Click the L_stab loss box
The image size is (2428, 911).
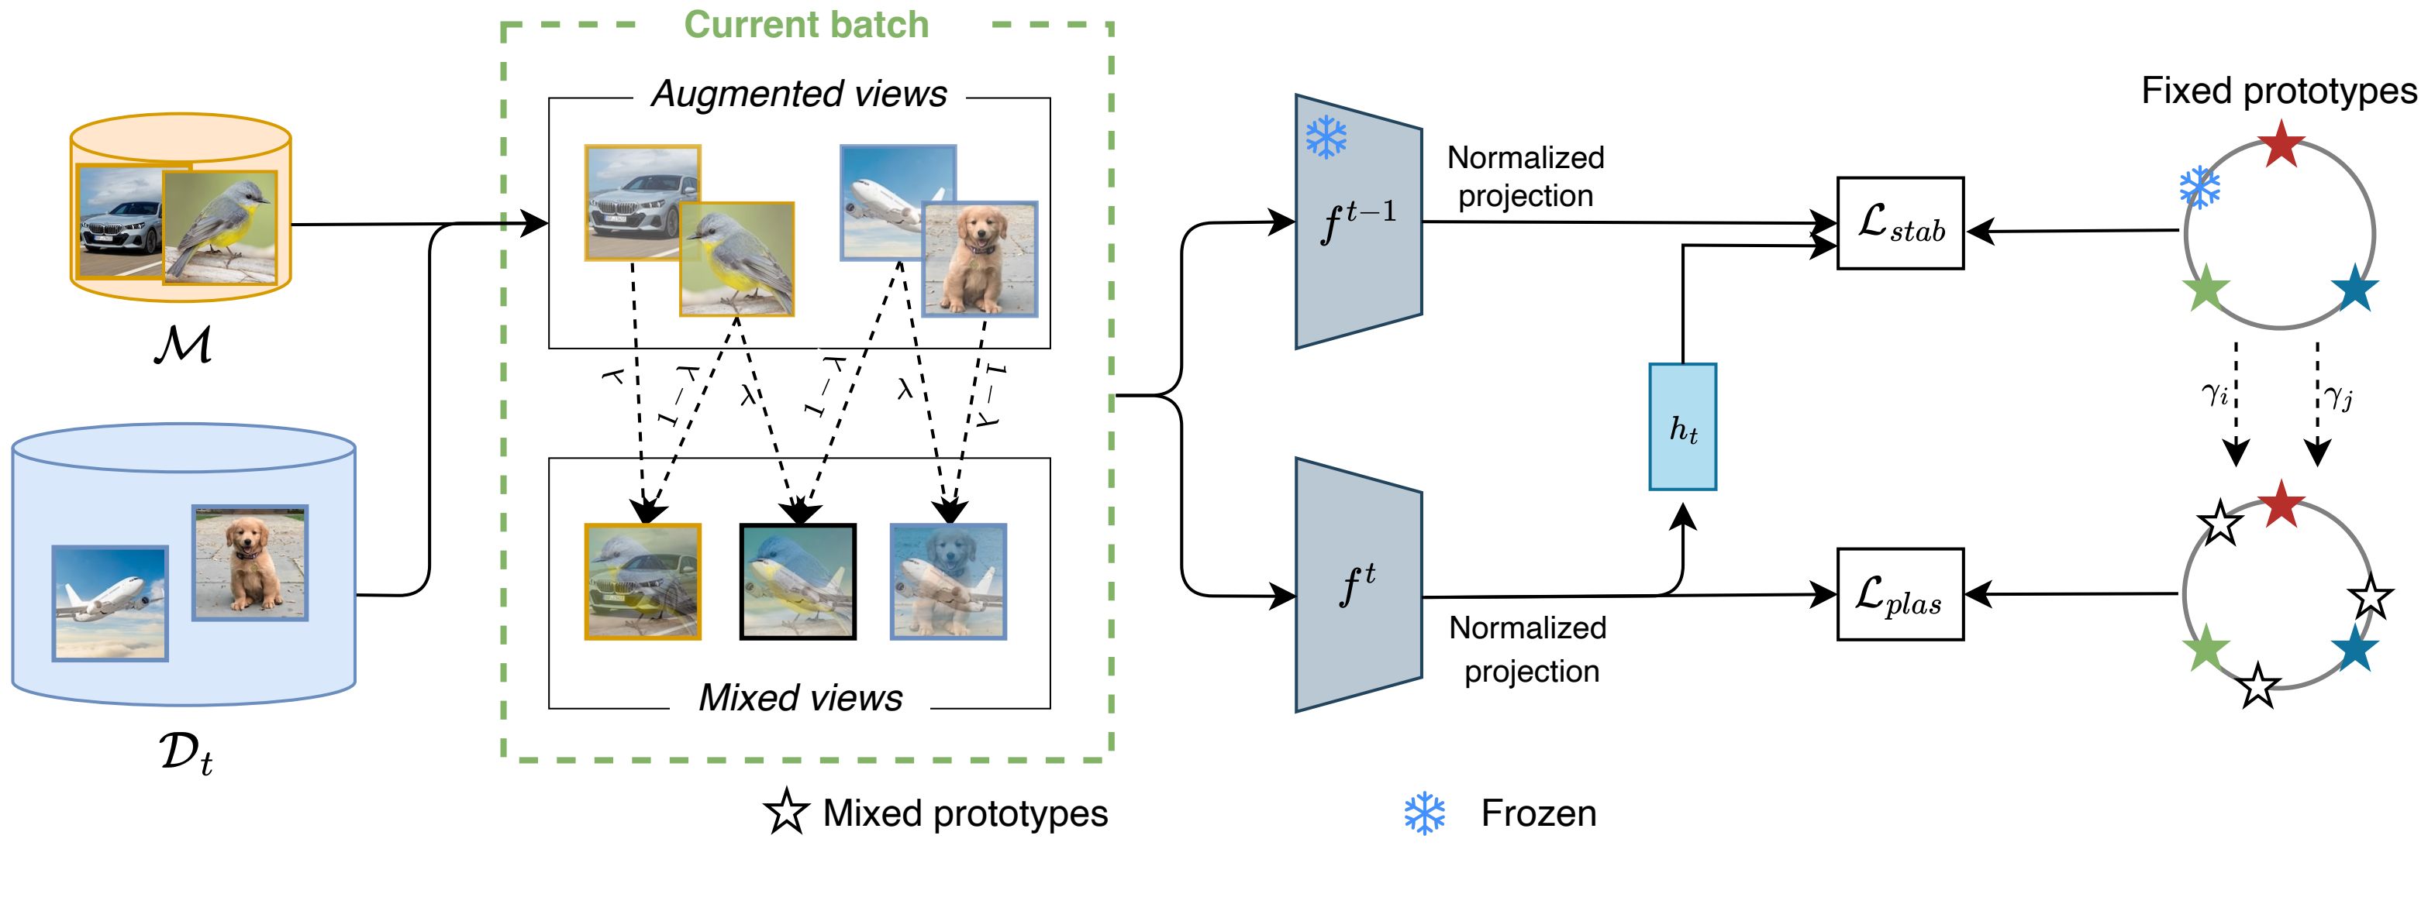pos(1899,223)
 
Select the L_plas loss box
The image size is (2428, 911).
pos(1899,594)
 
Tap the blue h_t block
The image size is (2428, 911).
pos(1682,427)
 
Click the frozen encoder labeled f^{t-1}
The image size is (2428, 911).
pos(1358,222)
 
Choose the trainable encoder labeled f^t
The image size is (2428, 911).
pos(1358,585)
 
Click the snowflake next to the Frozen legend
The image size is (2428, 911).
pos(1424,813)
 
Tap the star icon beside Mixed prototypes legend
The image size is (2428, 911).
pos(786,812)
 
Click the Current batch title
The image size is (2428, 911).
pos(806,25)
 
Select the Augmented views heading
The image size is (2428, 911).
pos(798,95)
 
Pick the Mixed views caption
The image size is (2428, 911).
pos(799,697)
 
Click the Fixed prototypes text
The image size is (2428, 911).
pos(2278,91)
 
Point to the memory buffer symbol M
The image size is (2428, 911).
pos(183,345)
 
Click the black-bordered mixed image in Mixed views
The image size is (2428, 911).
pos(798,581)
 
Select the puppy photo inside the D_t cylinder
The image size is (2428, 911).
pos(250,562)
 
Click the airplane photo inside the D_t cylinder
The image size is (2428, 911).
pos(109,603)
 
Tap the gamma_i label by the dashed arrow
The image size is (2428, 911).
pos(2215,393)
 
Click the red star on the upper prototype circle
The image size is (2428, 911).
pos(2281,144)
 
